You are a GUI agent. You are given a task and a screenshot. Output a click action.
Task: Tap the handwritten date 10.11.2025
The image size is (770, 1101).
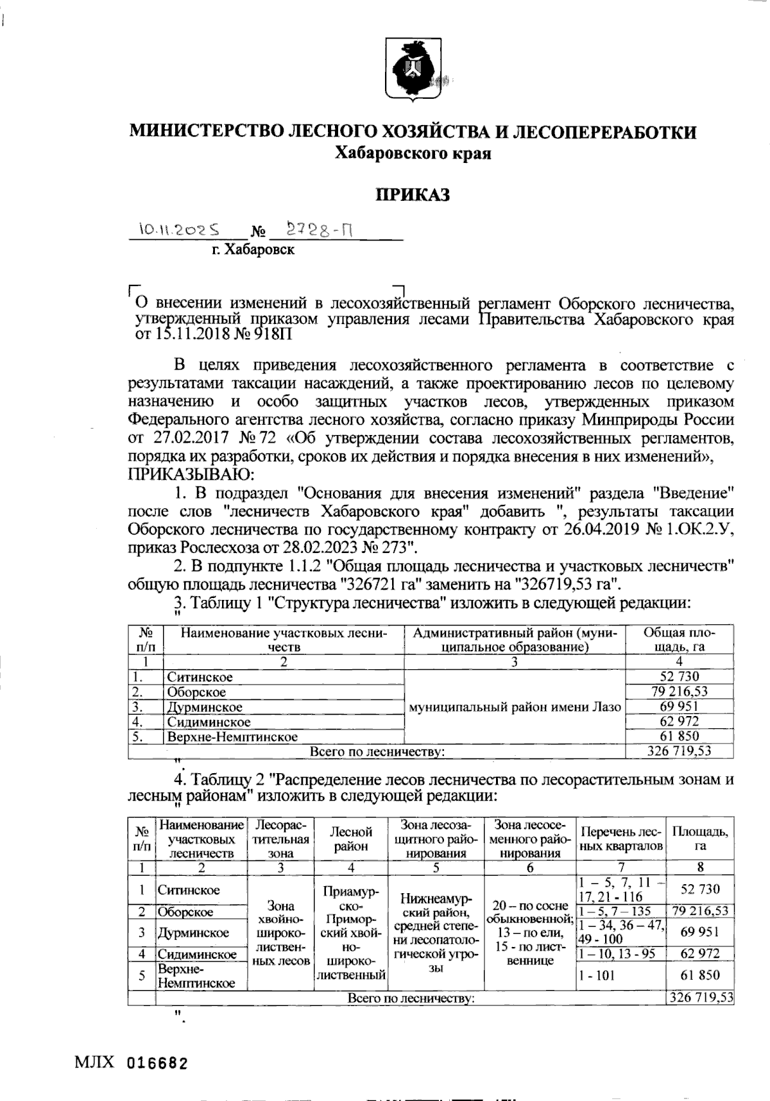click(x=182, y=228)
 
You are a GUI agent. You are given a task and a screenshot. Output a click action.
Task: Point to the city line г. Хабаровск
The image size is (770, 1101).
click(x=253, y=250)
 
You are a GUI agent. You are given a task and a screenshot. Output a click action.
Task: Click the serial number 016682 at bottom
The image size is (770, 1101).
click(x=157, y=1064)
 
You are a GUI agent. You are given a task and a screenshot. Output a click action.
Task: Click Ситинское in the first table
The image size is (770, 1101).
click(x=200, y=677)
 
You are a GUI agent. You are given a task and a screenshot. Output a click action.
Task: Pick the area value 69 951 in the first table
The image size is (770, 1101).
click(x=680, y=706)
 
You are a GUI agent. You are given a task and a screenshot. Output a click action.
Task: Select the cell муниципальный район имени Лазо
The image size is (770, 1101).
click(x=515, y=707)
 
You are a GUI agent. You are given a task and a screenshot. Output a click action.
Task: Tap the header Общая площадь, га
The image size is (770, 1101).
click(x=680, y=639)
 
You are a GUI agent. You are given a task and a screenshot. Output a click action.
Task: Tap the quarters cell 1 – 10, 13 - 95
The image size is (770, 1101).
click(x=617, y=954)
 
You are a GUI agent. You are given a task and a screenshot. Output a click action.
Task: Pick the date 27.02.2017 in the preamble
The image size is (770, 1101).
click(x=187, y=439)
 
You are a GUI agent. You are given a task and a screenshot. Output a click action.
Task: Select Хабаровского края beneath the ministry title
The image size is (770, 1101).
click(x=414, y=154)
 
